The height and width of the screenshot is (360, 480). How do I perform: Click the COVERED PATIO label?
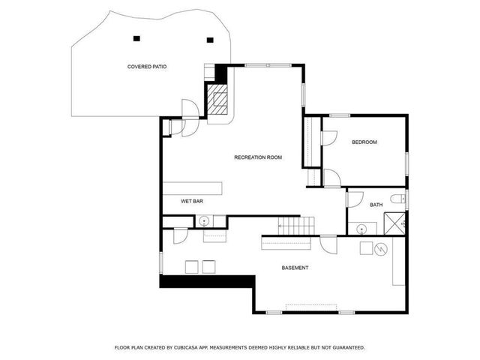[146, 67]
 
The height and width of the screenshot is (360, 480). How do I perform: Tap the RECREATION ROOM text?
[257, 157]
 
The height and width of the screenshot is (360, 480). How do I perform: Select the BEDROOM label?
[364, 142]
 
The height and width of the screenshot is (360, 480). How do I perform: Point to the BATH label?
[376, 205]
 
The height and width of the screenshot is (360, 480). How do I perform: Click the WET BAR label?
[192, 201]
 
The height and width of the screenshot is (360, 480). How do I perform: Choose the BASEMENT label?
[295, 268]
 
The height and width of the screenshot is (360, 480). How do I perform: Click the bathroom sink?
[363, 228]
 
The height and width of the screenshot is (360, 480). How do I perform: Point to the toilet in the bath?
[403, 199]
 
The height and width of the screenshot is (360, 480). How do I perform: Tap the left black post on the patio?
[136, 37]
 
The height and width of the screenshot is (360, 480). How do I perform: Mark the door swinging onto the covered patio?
[190, 109]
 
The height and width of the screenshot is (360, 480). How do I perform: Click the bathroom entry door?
[354, 199]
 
